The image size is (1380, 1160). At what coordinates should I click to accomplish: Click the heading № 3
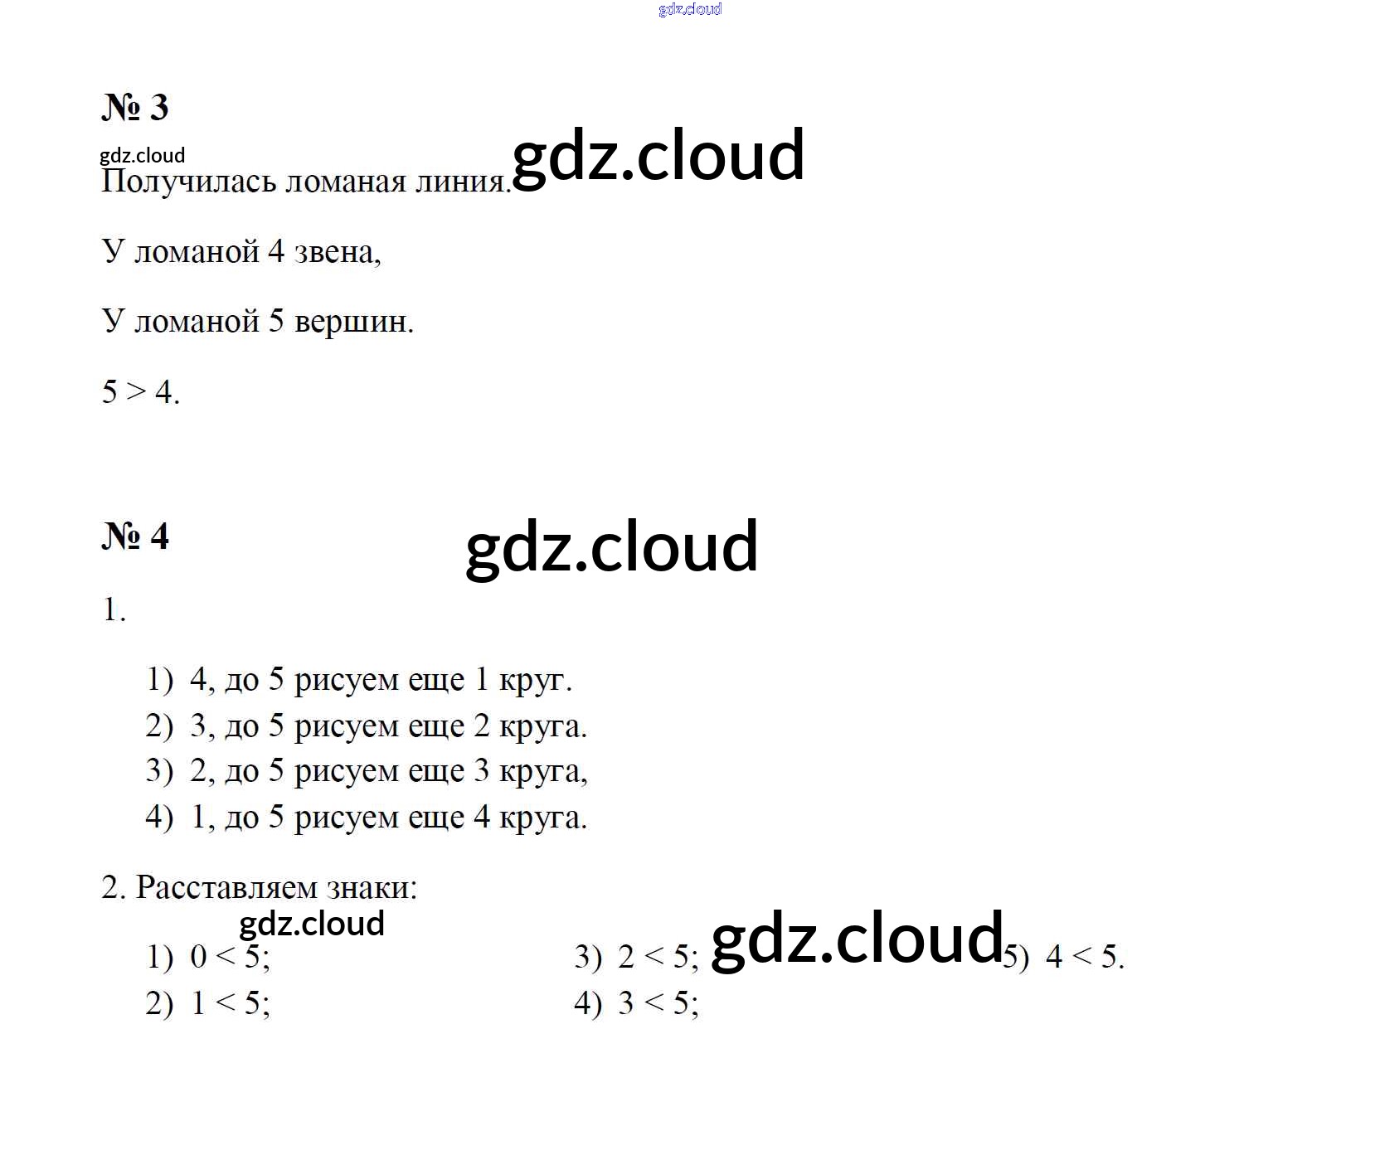135,107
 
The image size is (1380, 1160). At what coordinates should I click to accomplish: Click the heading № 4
135,536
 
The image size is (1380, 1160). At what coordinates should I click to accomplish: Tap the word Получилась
188,182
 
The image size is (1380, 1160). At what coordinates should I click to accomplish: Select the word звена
338,251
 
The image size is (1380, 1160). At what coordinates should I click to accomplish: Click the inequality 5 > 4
139,391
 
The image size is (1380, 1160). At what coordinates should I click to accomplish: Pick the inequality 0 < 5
230,957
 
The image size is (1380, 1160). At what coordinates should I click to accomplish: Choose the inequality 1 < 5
230,1003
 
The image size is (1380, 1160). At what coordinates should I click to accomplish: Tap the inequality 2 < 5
658,957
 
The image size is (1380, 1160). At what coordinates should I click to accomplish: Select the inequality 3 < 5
658,1003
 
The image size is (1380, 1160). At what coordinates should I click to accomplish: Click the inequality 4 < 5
1085,957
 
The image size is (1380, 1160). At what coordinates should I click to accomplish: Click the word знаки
372,888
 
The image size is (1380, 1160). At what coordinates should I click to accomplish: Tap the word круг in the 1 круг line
535,681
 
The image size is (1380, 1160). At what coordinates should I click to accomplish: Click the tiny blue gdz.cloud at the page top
690,9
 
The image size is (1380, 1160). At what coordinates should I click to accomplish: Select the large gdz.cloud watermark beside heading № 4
612,546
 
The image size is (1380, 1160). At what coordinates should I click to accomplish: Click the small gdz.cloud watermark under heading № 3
142,156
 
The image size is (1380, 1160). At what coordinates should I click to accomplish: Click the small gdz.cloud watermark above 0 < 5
312,925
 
